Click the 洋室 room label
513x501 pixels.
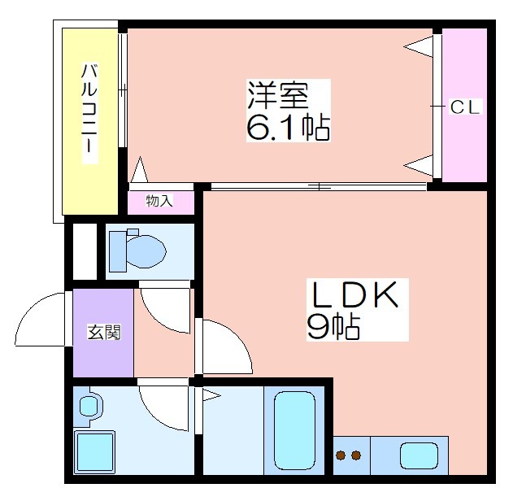point(278,94)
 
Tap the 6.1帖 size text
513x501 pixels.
point(288,128)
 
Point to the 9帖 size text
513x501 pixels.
point(333,327)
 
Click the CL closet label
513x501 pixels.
point(464,107)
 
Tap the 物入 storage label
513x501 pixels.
point(159,201)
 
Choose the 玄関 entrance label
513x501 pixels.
point(104,332)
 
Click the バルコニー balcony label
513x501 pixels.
point(89,108)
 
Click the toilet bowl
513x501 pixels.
point(146,251)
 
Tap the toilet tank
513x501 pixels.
point(117,251)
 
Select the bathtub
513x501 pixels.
point(294,431)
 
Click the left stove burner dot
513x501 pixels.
point(341,455)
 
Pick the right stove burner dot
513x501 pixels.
point(356,455)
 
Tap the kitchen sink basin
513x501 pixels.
point(420,455)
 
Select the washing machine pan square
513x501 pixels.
point(95,452)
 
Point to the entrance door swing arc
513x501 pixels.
point(32,309)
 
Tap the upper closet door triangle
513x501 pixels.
point(419,47)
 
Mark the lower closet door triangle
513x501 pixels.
point(419,166)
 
